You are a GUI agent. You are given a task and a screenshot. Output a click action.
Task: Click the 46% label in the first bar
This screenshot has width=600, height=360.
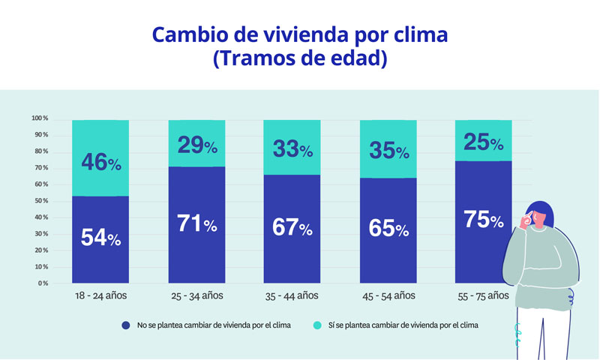click(100, 161)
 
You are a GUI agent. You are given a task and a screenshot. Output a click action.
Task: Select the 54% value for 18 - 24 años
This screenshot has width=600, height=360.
click(100, 238)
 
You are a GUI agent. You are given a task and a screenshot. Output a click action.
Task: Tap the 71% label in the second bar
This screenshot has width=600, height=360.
click(196, 223)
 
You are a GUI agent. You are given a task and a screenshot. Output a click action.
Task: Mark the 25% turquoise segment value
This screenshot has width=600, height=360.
click(484, 142)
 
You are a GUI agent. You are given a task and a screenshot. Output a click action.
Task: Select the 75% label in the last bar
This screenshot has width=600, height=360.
click(484, 220)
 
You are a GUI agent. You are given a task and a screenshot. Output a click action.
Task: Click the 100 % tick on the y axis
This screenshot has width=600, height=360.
click(40, 118)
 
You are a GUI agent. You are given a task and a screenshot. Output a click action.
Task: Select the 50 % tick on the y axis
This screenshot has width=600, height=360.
click(40, 201)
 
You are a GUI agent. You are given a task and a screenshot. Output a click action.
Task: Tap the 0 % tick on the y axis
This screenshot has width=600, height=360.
click(43, 283)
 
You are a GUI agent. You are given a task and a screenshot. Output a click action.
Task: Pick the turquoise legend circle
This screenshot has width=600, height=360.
click(317, 325)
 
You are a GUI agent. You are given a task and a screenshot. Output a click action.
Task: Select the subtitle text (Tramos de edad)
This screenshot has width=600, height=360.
click(299, 60)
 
